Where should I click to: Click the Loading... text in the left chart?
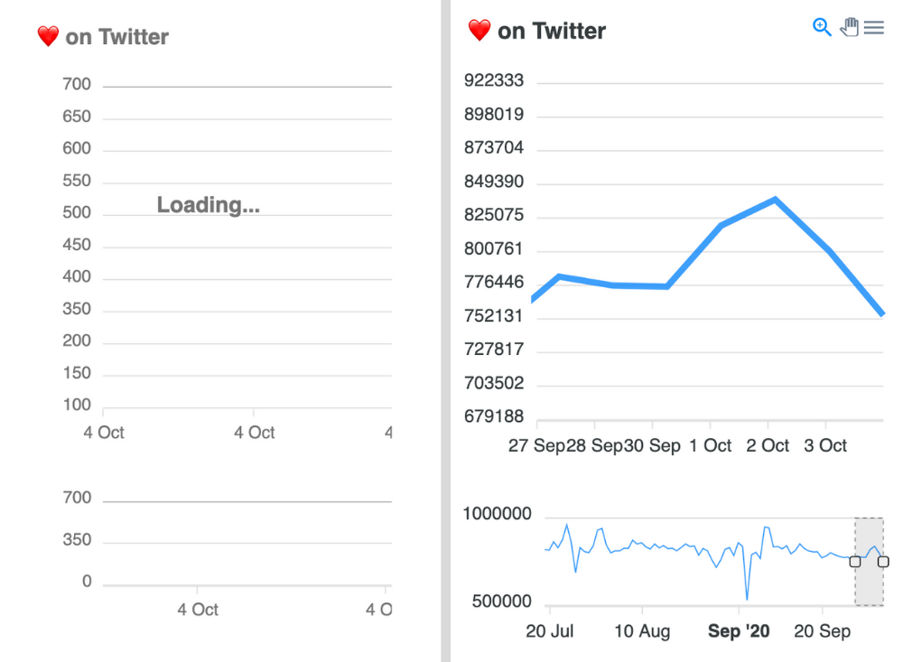pos(208,205)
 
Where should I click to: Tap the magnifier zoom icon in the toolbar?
pos(822,27)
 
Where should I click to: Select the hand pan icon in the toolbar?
pos(849,27)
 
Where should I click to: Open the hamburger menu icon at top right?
pos(873,28)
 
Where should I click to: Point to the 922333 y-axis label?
pos(493,80)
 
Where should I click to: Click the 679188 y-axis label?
pos(493,416)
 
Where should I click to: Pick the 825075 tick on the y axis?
pos(493,217)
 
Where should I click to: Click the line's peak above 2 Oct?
pos(775,199)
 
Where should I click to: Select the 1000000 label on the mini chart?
pos(497,514)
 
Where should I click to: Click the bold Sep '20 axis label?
pos(739,630)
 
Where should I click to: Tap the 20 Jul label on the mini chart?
pos(549,630)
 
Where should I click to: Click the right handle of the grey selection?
pos(883,562)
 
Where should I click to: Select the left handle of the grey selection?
pos(855,562)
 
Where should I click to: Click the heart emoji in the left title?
pos(48,36)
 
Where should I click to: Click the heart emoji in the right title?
pos(479,30)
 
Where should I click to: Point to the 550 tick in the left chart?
pos(77,181)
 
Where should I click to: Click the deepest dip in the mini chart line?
pos(747,598)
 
